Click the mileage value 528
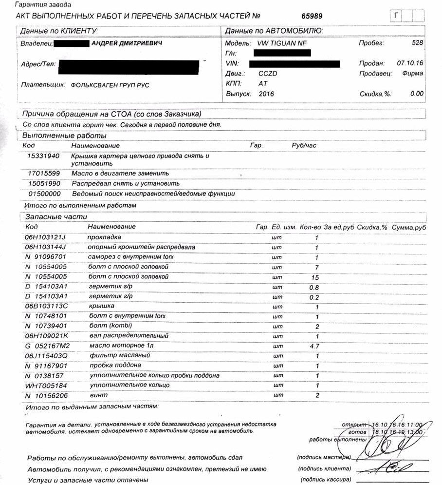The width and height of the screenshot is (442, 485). pyautogui.click(x=417, y=43)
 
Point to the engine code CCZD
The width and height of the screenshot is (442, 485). pyautogui.click(x=268, y=73)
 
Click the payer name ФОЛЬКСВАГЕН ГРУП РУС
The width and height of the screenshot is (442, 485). pyautogui.click(x=110, y=85)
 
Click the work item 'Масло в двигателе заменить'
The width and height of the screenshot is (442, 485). pyautogui.click(x=120, y=173)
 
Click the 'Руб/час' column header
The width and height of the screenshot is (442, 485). pyautogui.click(x=304, y=146)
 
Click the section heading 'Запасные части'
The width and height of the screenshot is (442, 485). pyautogui.click(x=48, y=217)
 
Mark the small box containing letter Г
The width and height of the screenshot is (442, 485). pyautogui.click(x=397, y=16)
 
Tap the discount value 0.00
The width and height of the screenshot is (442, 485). pyautogui.click(x=417, y=94)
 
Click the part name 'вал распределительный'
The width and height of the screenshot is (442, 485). pyautogui.click(x=129, y=336)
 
